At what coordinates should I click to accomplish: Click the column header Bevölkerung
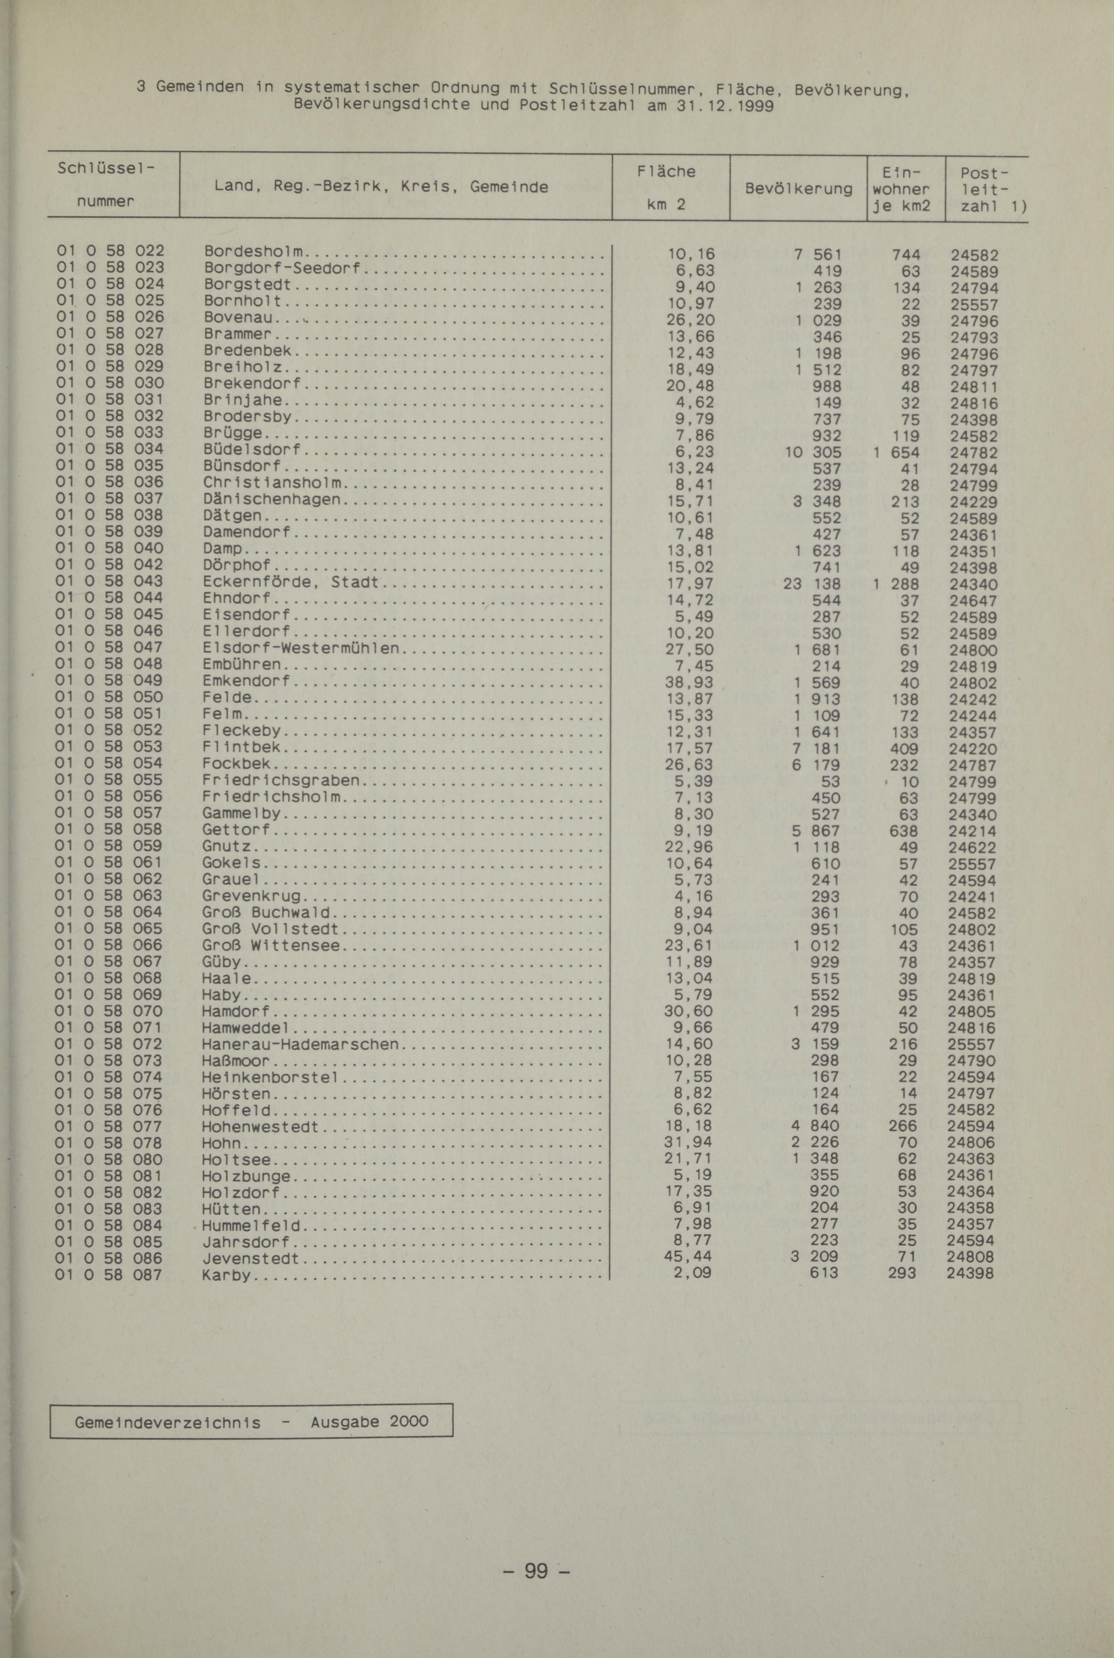(799, 189)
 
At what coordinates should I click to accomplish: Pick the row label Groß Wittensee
(271, 945)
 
